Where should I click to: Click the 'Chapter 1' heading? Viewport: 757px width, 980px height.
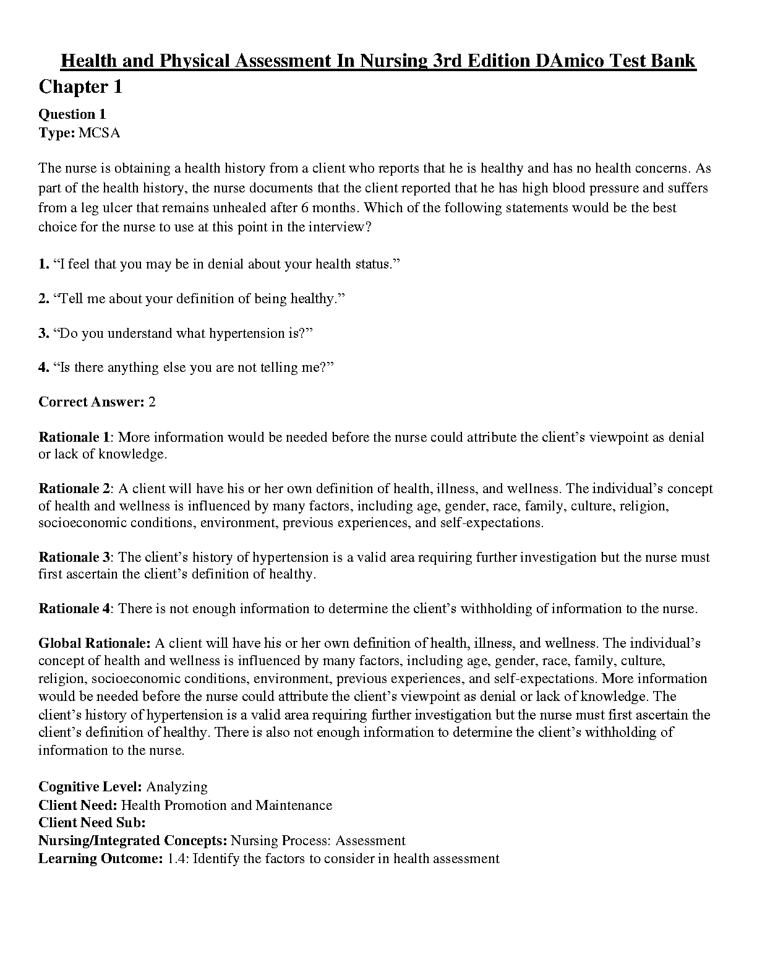click(80, 87)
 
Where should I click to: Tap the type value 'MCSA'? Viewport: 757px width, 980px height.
click(100, 132)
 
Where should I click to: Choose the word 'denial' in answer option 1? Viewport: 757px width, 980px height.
click(225, 264)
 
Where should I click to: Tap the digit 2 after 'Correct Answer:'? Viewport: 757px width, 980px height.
click(152, 402)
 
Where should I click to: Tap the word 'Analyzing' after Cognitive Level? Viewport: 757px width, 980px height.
click(177, 787)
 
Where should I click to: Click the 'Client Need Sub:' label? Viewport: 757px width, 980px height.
click(92, 823)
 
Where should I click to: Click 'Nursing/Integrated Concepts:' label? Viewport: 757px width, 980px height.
click(132, 841)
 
